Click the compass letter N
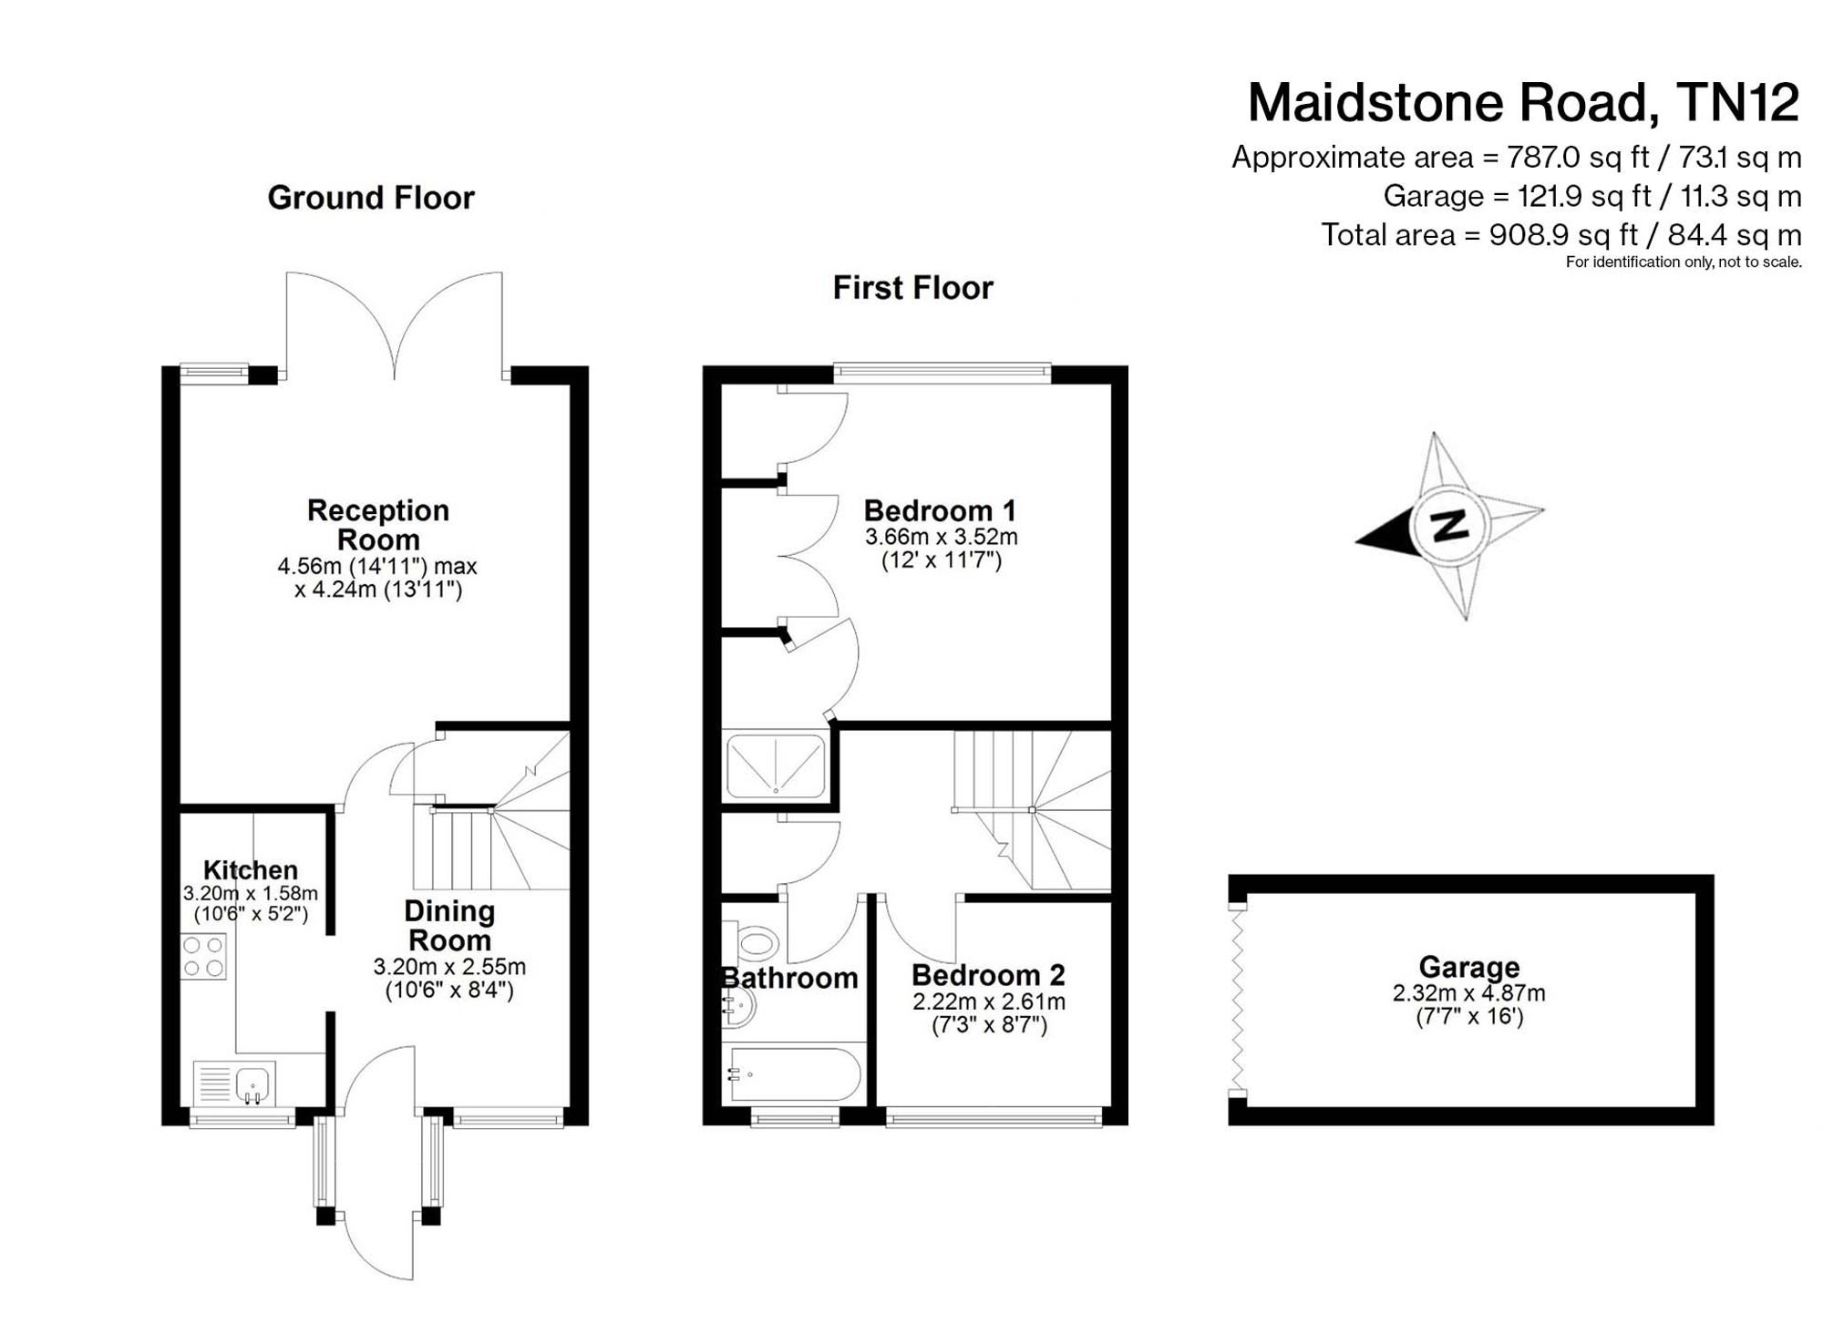[x=1448, y=526]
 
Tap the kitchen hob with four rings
[x=203, y=956]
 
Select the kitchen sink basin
[x=252, y=1084]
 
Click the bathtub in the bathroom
[x=793, y=1074]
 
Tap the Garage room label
[x=1468, y=966]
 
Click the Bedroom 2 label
[x=988, y=975]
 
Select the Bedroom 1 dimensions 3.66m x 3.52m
[x=941, y=537]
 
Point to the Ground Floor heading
[x=371, y=198]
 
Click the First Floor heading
[x=912, y=288]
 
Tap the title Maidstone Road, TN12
[x=1523, y=102]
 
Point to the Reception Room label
[x=377, y=525]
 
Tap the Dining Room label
[x=449, y=925]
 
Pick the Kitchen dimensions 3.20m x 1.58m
[x=251, y=894]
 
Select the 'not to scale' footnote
[x=1683, y=262]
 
